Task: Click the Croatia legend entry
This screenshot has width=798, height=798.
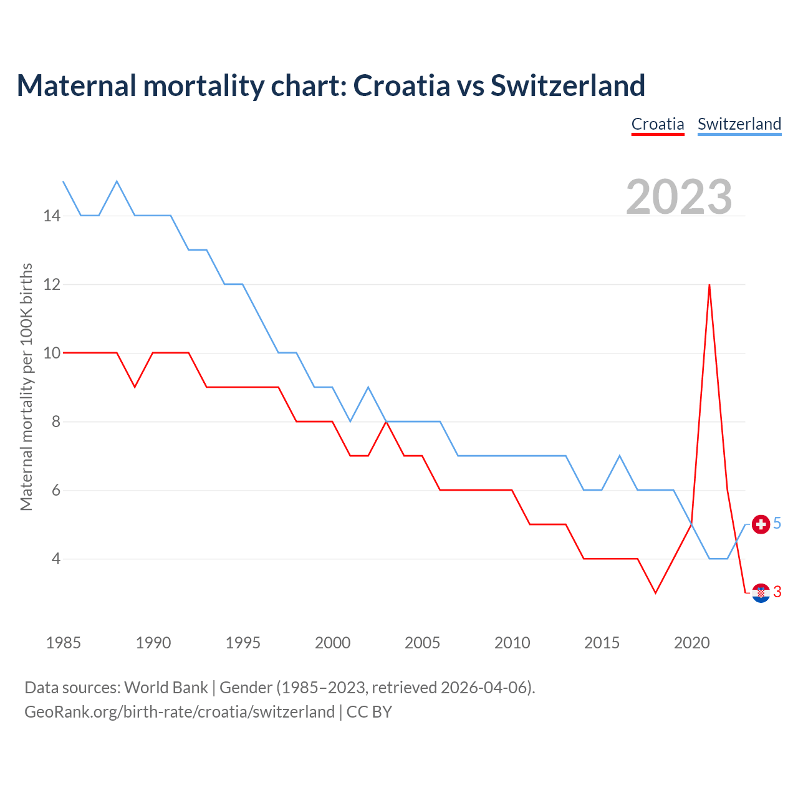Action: click(658, 124)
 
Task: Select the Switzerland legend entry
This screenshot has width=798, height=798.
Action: click(739, 124)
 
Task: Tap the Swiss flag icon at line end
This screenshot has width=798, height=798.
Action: click(761, 524)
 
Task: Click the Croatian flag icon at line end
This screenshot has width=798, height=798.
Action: click(761, 593)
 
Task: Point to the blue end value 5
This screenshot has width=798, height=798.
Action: click(777, 524)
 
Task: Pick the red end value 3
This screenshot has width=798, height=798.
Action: click(777, 592)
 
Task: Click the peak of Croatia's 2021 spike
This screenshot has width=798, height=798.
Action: click(709, 285)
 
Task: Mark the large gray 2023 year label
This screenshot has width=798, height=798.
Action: click(679, 197)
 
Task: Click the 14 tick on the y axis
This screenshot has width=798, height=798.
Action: click(52, 216)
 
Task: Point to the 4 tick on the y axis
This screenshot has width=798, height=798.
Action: click(56, 559)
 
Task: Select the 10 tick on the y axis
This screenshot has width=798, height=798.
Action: click(52, 353)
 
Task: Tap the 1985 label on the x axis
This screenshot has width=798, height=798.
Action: click(64, 643)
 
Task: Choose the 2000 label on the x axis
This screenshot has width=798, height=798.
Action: click(332, 643)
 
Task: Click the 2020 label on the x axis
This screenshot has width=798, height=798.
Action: click(691, 643)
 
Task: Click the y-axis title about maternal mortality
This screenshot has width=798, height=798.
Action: click(26, 387)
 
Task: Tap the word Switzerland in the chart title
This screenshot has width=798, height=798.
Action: click(567, 85)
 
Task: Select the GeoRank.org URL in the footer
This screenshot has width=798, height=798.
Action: click(180, 712)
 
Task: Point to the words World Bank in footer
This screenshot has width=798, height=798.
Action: click(166, 688)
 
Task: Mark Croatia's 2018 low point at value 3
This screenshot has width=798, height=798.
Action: click(655, 593)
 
